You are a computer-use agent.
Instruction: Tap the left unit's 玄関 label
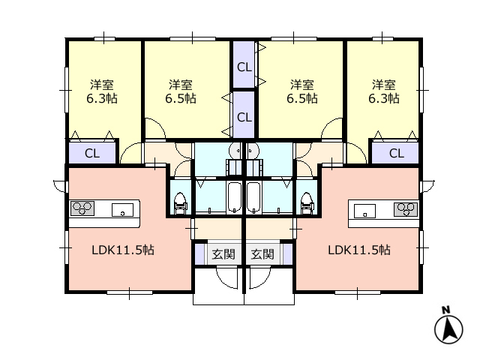click(223, 254)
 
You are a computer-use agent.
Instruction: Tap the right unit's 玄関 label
click(262, 254)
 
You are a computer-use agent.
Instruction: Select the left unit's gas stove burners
click(82, 208)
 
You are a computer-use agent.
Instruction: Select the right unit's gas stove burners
click(406, 209)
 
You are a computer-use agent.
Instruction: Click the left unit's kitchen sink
click(122, 210)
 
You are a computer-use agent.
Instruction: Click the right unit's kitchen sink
click(364, 211)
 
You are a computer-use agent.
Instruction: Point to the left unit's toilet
click(180, 203)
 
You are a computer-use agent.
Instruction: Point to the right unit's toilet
click(307, 203)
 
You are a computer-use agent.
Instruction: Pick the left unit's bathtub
click(235, 197)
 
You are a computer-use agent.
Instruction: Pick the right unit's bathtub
click(253, 197)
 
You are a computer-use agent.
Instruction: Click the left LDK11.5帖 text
click(123, 250)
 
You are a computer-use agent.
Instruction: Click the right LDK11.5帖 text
click(359, 250)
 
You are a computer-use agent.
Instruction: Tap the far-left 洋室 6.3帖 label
click(102, 91)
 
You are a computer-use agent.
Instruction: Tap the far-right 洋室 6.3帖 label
click(384, 91)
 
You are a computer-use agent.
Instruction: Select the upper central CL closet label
click(244, 67)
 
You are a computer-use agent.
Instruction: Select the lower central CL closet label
click(244, 117)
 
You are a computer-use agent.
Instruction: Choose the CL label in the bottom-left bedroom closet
click(92, 153)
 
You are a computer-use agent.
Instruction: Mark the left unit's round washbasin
click(235, 151)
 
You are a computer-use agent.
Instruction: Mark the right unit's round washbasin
click(253, 151)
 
